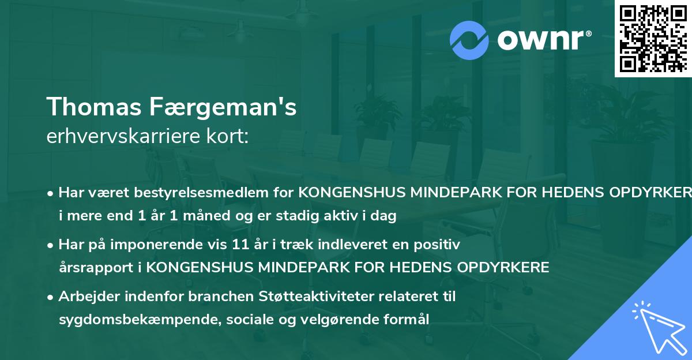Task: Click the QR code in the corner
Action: click(x=653, y=38)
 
